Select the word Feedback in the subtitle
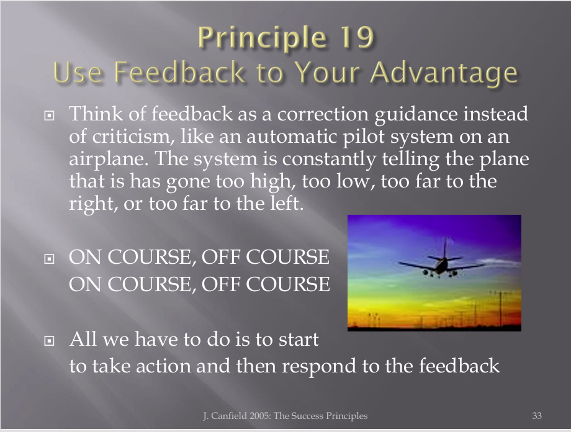tap(179, 72)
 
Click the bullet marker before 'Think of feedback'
tap(49, 115)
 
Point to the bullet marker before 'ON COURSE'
tap(49, 259)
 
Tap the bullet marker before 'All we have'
tap(49, 341)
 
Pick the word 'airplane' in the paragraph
tap(109, 159)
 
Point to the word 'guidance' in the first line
tap(415, 114)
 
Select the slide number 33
tap(537, 416)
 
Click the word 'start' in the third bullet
tap(299, 339)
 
